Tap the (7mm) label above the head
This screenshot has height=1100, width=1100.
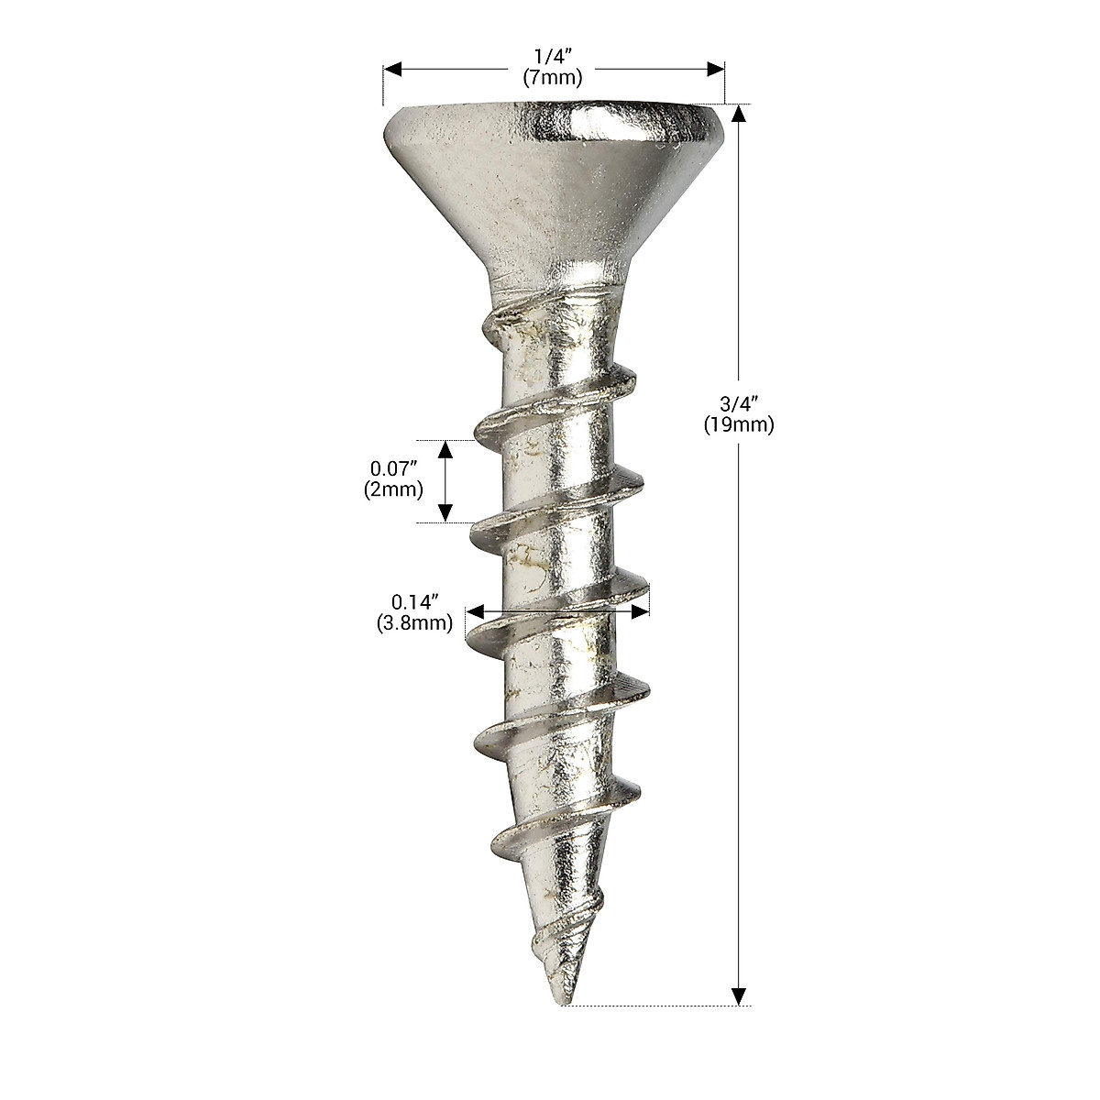coord(554,77)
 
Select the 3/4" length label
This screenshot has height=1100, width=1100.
coord(739,404)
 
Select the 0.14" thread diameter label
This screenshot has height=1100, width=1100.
coord(414,603)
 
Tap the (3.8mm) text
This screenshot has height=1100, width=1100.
coord(414,623)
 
